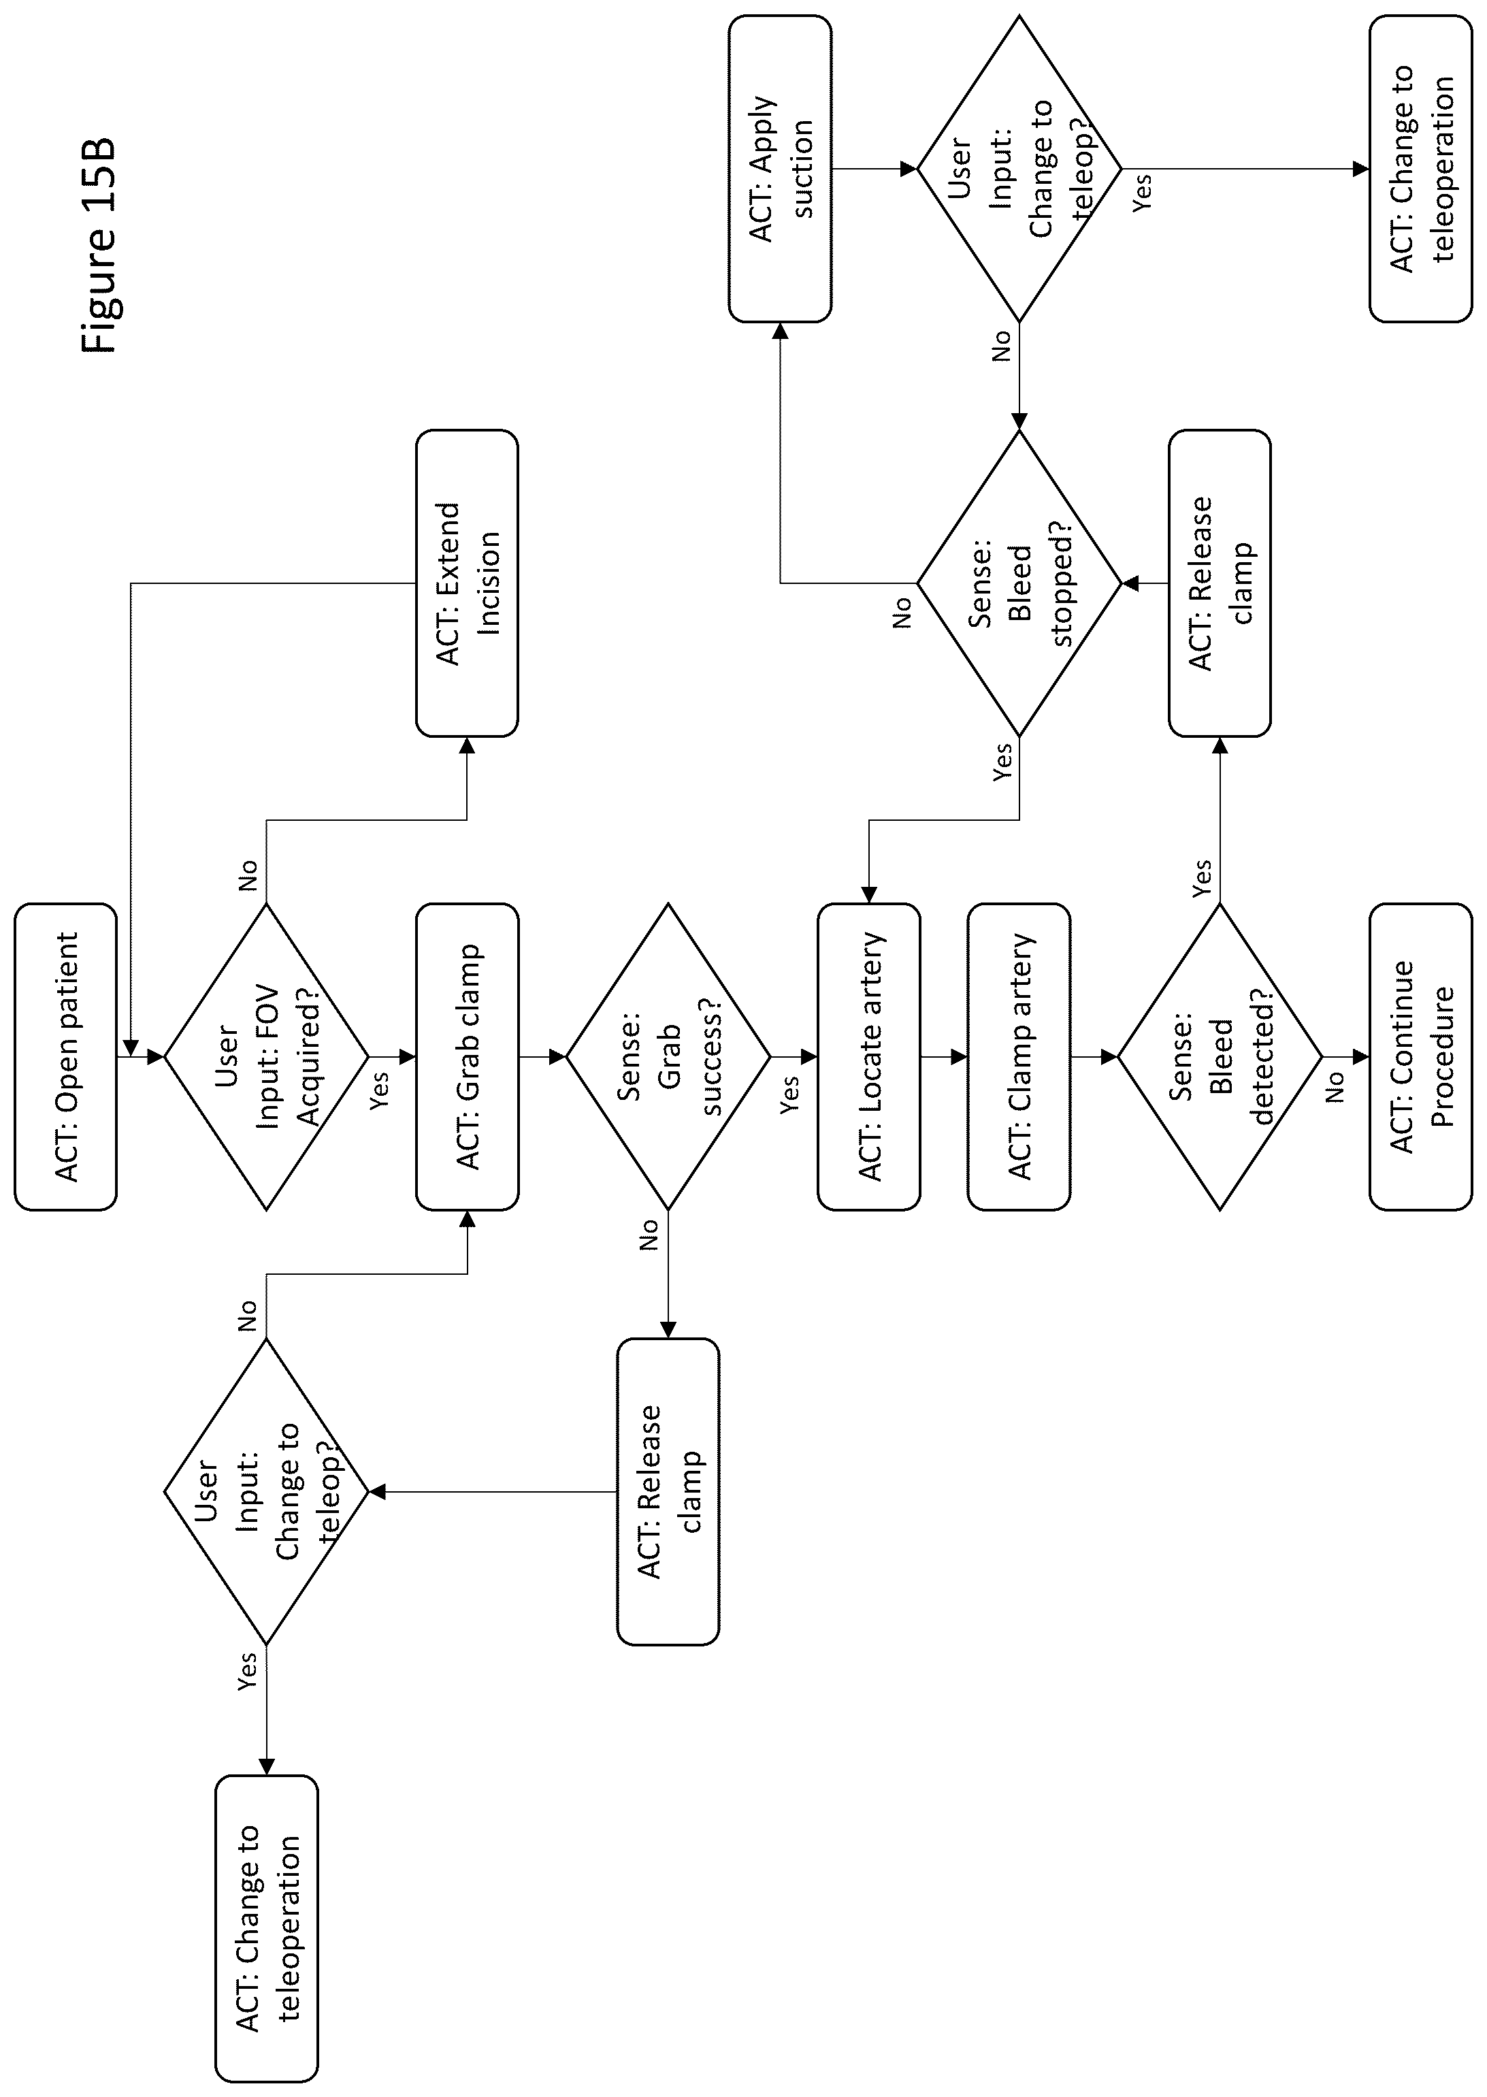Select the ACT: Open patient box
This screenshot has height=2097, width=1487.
(66, 1057)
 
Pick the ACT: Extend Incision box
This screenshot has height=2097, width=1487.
(467, 583)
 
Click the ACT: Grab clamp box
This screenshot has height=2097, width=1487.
(467, 1057)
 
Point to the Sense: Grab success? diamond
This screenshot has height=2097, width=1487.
(668, 1057)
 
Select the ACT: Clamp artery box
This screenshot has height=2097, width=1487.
(1019, 1057)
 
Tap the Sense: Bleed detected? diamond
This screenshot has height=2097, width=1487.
(1220, 1057)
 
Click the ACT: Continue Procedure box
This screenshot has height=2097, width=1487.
(1420, 1057)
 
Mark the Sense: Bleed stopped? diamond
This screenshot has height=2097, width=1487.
(1019, 583)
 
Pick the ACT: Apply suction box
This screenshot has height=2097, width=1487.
(780, 169)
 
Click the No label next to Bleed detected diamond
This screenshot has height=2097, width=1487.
(1335, 1087)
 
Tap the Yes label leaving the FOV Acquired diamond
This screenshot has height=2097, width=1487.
(379, 1090)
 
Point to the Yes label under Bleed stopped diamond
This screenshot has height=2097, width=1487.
(1004, 761)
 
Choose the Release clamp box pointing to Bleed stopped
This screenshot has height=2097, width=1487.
(1220, 583)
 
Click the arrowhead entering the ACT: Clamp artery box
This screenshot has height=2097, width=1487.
(960, 1057)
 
